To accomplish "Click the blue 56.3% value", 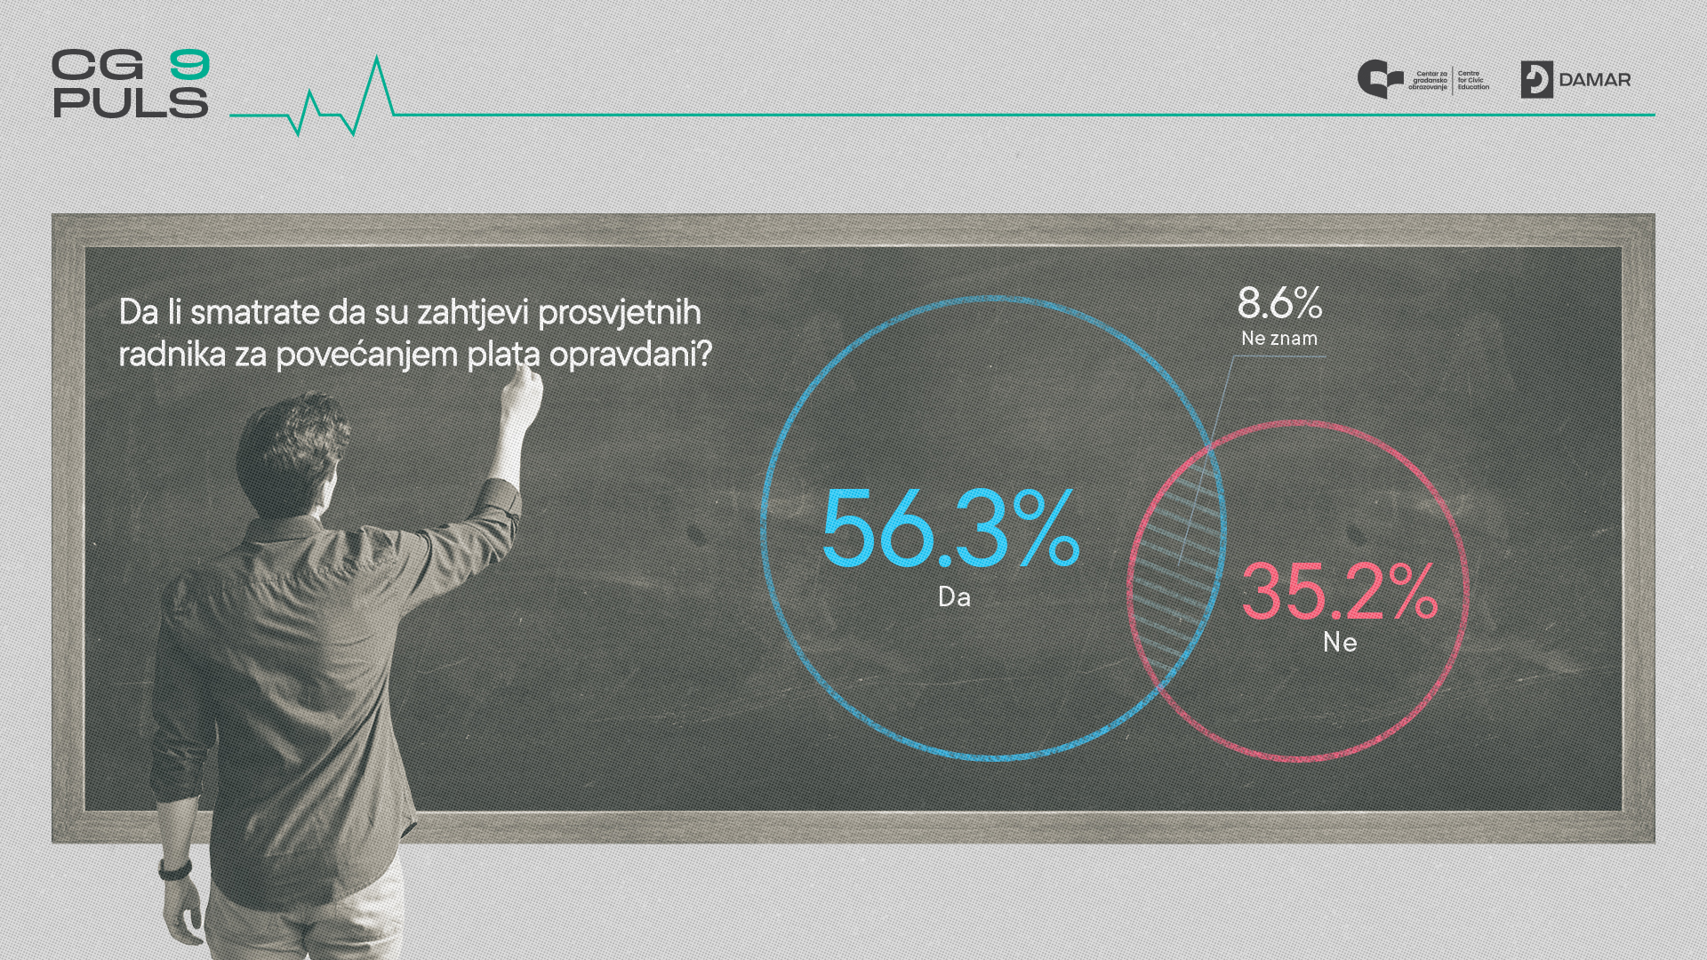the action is pos(950,528).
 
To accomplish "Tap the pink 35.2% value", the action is pos(1340,592).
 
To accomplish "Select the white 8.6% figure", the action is pos(1279,303).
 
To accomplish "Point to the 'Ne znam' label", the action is pos(1279,339).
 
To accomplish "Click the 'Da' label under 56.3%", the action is pos(954,596).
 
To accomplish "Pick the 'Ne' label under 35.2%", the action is pos(1340,642).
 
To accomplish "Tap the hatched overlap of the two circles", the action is pos(1175,569).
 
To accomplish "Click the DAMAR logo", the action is pos(1575,80).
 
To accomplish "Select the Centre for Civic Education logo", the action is pos(1423,80).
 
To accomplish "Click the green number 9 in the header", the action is pos(189,65).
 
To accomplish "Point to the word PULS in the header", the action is pos(131,102).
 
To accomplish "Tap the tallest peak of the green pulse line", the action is pos(378,58).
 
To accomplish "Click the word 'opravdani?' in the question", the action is pos(630,355).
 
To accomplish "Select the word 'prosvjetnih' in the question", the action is pos(620,313).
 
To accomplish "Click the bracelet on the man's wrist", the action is pos(175,868).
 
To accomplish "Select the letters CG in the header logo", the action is pos(97,65).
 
